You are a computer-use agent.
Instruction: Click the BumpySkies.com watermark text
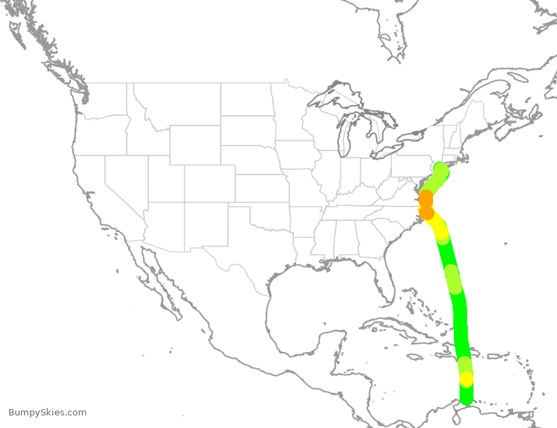point(47,413)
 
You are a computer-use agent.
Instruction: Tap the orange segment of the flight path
point(426,203)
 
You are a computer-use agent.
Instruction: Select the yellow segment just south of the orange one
point(439,228)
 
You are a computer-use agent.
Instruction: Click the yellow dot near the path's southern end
point(466,379)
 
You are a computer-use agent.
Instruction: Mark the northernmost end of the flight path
point(441,169)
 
